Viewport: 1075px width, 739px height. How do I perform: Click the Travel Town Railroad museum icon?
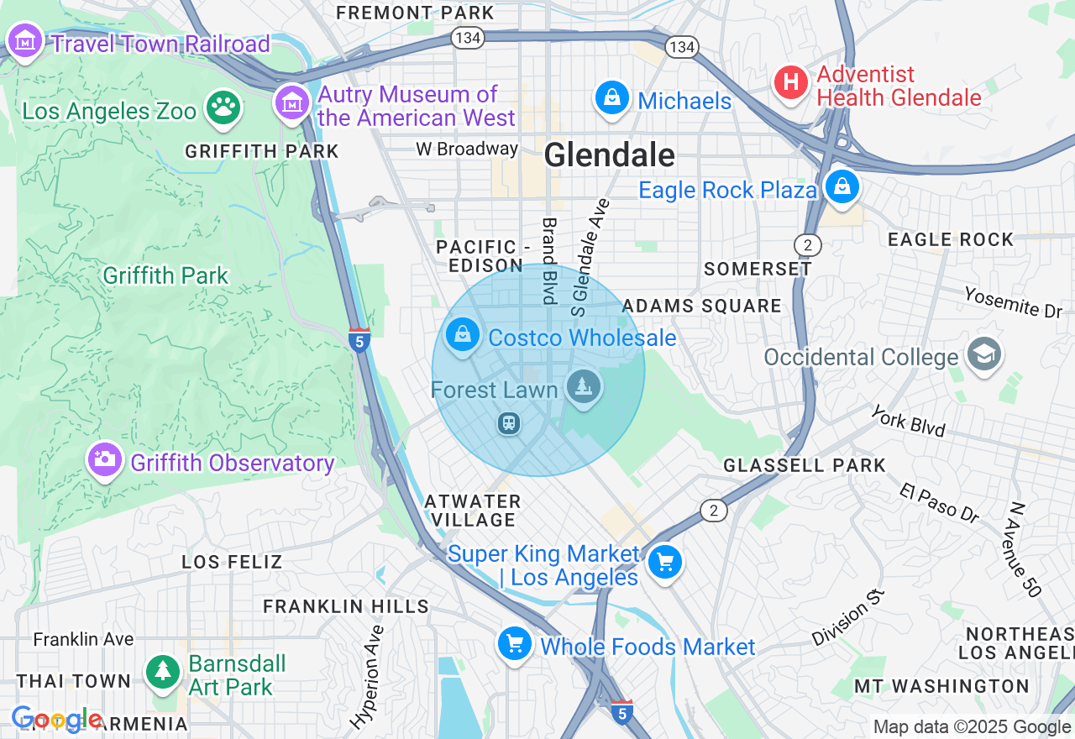click(x=25, y=39)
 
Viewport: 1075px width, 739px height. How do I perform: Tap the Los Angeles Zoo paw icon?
click(x=223, y=107)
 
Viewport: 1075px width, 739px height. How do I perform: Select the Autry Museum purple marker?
click(x=292, y=103)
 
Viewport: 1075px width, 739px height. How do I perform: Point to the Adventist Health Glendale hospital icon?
click(x=790, y=82)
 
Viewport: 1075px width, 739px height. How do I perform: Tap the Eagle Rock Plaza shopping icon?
click(x=842, y=186)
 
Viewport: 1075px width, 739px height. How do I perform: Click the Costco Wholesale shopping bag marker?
click(x=462, y=335)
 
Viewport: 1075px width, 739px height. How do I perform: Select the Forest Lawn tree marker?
click(x=581, y=387)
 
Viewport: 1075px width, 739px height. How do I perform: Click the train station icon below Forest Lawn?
click(x=509, y=423)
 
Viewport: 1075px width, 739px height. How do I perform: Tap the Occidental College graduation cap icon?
click(x=983, y=354)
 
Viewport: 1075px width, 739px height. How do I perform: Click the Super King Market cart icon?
click(x=666, y=562)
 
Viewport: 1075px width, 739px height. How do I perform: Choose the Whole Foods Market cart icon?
click(x=514, y=644)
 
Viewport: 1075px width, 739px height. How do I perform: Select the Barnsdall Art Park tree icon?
click(x=163, y=671)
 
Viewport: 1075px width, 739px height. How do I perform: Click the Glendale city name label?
click(x=609, y=155)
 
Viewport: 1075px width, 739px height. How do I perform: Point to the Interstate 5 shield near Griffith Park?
click(x=359, y=339)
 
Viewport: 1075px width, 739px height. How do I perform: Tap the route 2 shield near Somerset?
click(x=807, y=244)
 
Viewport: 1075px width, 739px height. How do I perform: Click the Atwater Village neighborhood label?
click(x=473, y=511)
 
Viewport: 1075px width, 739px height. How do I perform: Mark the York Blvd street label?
click(x=907, y=422)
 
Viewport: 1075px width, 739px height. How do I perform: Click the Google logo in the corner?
click(x=56, y=720)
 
